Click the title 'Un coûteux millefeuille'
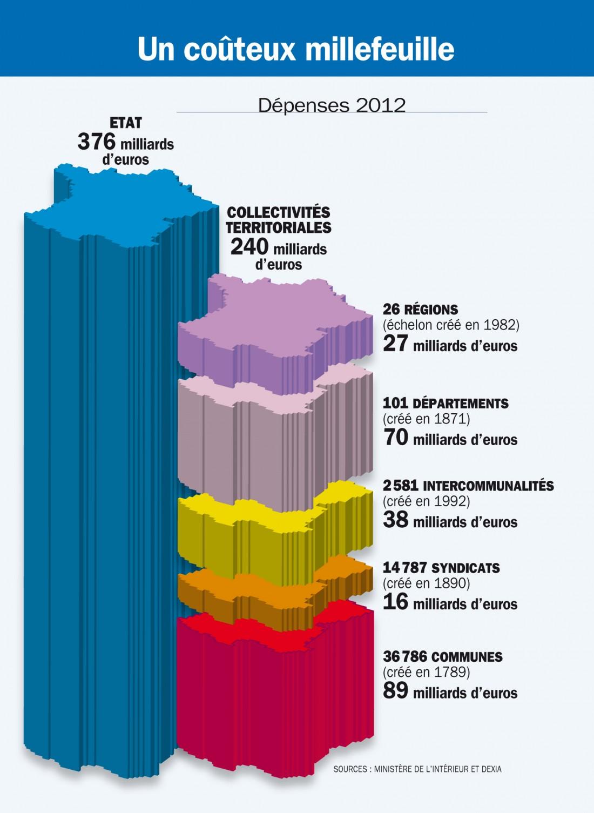pos(296,49)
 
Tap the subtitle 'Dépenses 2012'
pos(332,105)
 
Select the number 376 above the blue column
pos(97,142)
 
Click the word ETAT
pos(125,123)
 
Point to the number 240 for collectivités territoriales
pos(249,247)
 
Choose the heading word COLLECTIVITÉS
pos(278,212)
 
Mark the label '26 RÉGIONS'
pos(420,310)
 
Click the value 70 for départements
pos(396,438)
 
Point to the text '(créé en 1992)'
pos(426,501)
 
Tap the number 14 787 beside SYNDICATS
pos(404,568)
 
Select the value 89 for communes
pos(396,691)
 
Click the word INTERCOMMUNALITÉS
pos(488,486)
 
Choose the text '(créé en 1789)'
pos(426,672)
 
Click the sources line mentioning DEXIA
pos(417,769)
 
